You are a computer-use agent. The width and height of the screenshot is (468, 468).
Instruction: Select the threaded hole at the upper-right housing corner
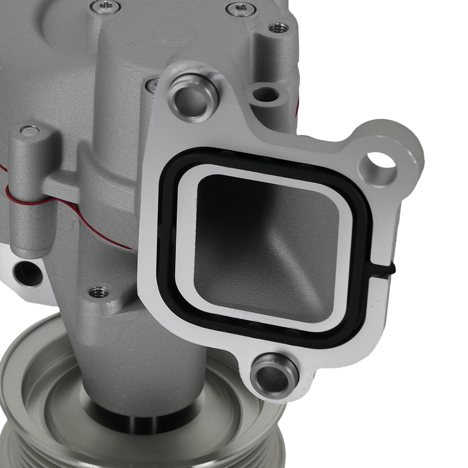pos(278,28)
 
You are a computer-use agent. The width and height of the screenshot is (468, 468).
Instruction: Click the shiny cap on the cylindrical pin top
pos(30,130)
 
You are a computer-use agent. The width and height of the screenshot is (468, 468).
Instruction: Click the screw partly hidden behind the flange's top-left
pos(152,85)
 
